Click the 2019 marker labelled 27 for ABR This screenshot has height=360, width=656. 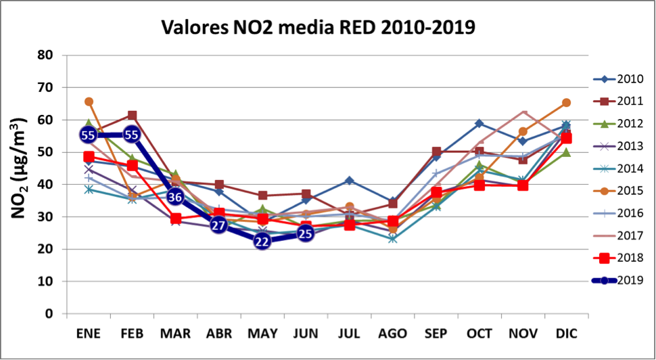click(x=218, y=225)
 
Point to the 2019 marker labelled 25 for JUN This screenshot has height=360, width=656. click(x=306, y=234)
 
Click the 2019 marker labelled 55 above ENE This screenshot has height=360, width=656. click(x=88, y=135)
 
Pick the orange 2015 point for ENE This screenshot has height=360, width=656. click(x=89, y=102)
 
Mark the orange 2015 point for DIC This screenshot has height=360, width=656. click(x=567, y=103)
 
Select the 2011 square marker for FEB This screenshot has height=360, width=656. click(x=132, y=116)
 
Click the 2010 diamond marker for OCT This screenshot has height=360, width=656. click(x=479, y=123)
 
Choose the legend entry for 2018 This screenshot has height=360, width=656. click(x=622, y=258)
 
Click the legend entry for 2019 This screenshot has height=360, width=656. click(x=622, y=280)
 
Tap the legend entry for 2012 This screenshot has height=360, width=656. click(x=622, y=123)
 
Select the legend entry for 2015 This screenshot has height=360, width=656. click(x=622, y=191)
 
